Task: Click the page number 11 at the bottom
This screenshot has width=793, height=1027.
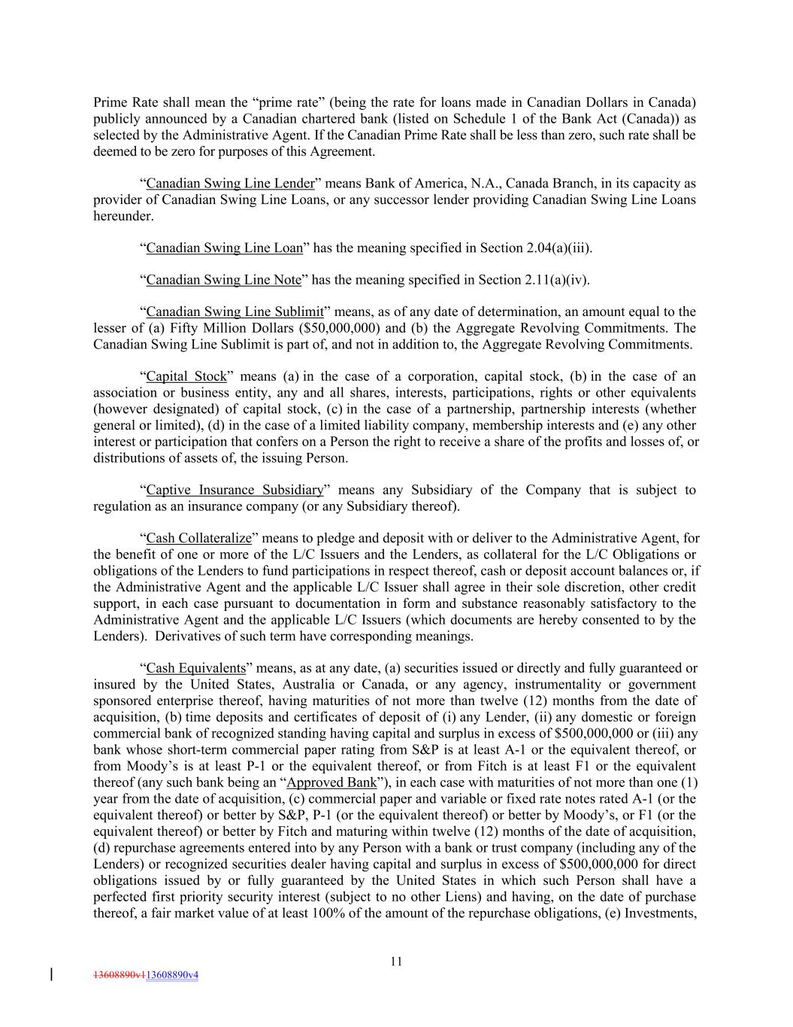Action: (396, 961)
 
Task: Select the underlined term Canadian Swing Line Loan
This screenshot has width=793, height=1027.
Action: (225, 248)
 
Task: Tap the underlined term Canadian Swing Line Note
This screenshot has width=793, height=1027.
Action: (223, 280)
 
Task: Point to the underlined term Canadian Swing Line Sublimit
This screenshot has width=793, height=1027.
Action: (235, 311)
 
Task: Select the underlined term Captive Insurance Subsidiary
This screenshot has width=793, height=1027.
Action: (235, 490)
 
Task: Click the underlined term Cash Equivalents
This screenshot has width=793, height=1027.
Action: (195, 667)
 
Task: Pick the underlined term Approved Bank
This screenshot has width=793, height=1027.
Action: (331, 782)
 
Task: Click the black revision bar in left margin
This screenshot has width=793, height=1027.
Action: (51, 975)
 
